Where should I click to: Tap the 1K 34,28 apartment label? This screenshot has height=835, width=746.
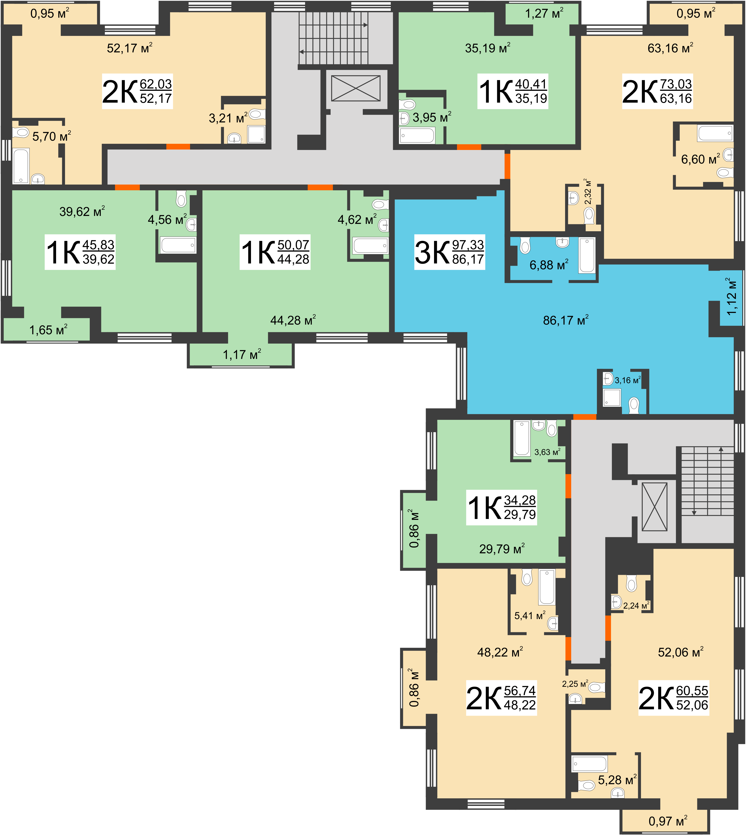pos(501,507)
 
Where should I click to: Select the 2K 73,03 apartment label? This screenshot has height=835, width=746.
pos(657,91)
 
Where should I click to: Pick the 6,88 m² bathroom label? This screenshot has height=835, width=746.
pos(549,265)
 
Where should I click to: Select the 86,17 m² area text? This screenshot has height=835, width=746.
pos(566,320)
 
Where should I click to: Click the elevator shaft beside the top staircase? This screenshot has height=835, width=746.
pos(356,88)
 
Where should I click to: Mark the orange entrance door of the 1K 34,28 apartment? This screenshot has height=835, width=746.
pos(568,486)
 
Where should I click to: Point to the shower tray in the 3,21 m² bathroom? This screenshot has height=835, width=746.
pos(256,134)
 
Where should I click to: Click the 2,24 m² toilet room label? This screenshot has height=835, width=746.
pos(636,605)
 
